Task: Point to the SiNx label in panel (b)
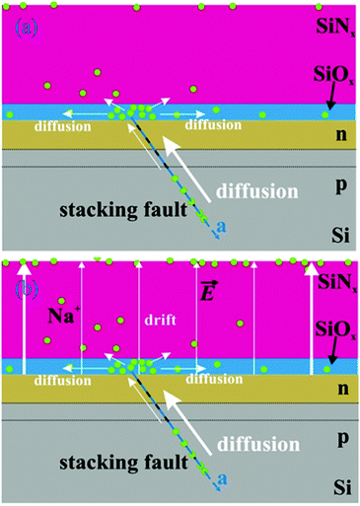tap(334, 281)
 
